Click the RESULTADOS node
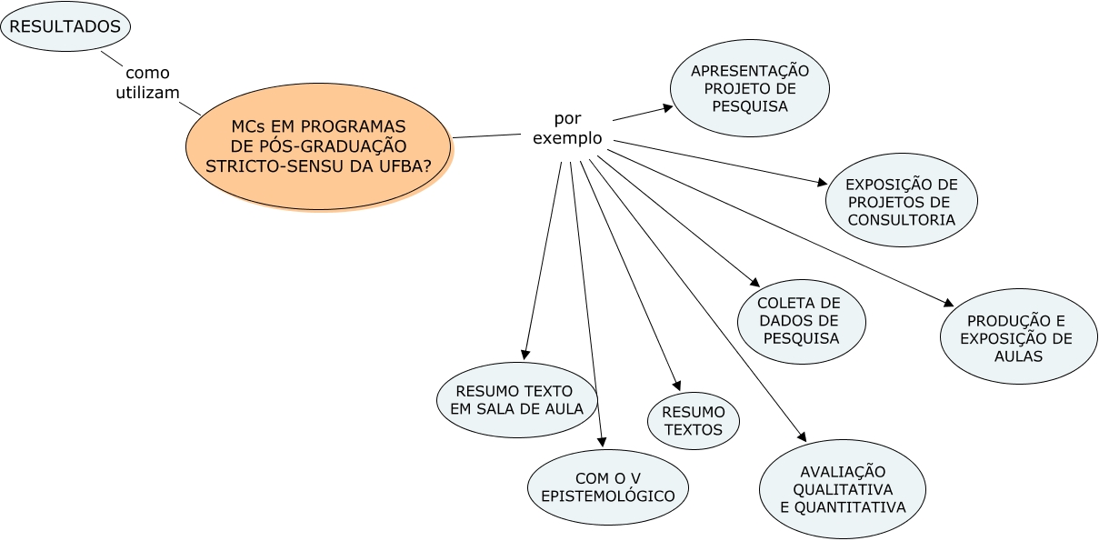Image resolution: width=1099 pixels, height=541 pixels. [x=65, y=27]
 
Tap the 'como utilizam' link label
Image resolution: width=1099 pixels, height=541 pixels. [x=147, y=83]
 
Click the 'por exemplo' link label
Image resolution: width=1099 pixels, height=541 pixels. [x=567, y=128]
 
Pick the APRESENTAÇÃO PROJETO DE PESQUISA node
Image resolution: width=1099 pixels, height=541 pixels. [x=750, y=88]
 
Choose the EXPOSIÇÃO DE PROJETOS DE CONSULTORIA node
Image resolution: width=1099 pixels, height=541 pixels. [x=902, y=201]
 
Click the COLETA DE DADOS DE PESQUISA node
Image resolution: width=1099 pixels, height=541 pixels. [x=801, y=321]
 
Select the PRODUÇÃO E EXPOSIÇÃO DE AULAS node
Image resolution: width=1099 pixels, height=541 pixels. [x=1018, y=337]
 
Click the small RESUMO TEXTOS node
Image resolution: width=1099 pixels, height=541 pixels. [x=694, y=421]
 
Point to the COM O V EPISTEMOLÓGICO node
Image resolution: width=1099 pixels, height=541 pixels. [x=608, y=486]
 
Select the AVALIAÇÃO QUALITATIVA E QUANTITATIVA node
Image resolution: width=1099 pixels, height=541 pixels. [x=843, y=489]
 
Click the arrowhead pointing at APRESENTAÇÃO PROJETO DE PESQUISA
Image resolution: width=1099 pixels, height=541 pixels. [x=668, y=107]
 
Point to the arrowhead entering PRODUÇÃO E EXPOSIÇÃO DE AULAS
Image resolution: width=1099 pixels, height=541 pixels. [x=948, y=304]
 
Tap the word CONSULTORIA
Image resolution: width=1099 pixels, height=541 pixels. [x=902, y=220]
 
